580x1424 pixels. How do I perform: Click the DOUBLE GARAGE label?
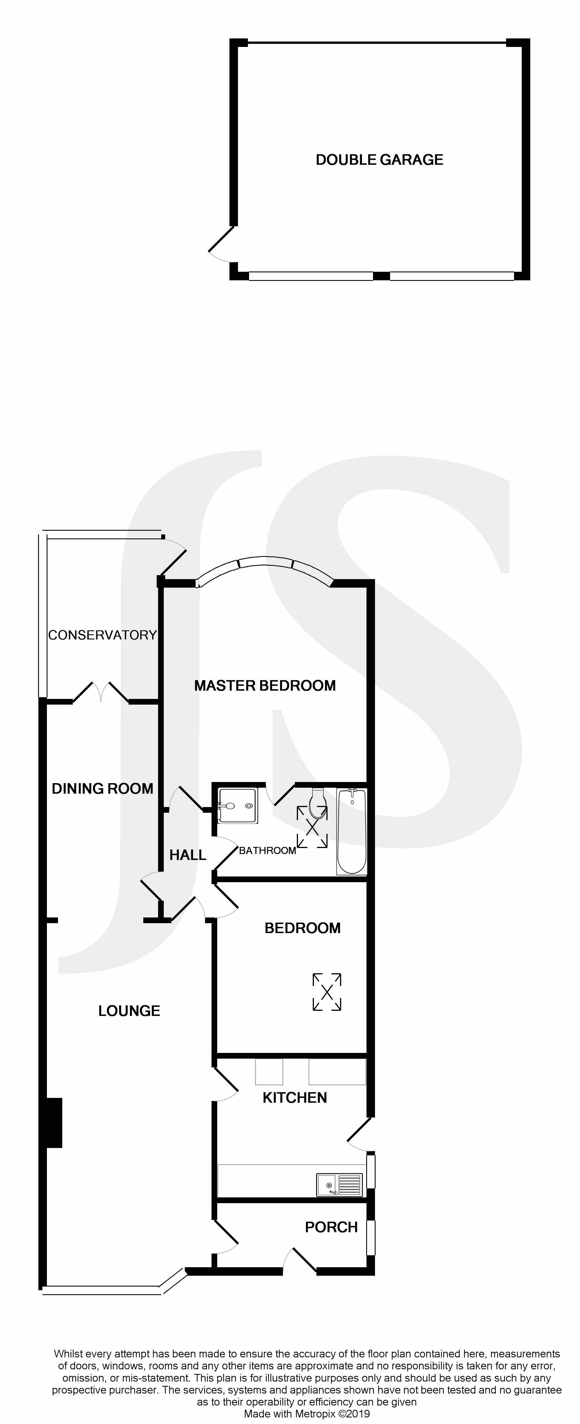click(380, 160)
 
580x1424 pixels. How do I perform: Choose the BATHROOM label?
click(267, 850)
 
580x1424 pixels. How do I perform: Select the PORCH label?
click(332, 1227)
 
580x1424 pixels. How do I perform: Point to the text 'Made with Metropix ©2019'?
click(307, 1413)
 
